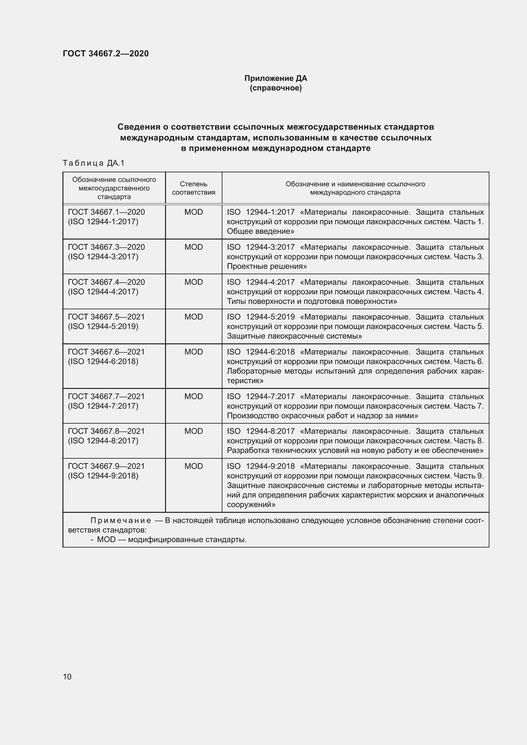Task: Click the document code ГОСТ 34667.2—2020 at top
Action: pyautogui.click(x=106, y=54)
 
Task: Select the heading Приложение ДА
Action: pyautogui.click(x=276, y=78)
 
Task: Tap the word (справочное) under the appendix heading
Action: pyautogui.click(x=276, y=88)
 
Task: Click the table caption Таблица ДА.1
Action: pyautogui.click(x=94, y=163)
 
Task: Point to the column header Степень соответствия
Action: pyautogui.click(x=193, y=188)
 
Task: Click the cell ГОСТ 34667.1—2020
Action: pyautogui.click(x=106, y=212)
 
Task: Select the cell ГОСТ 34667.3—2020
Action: pyautogui.click(x=106, y=247)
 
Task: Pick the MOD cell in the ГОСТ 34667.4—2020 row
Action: pyautogui.click(x=193, y=282)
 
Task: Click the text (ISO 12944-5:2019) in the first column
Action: pyautogui.click(x=103, y=326)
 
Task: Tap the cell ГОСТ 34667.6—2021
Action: pyautogui.click(x=106, y=352)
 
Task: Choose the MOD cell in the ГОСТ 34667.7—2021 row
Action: pyautogui.click(x=193, y=397)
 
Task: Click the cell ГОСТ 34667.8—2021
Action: pyautogui.click(x=106, y=431)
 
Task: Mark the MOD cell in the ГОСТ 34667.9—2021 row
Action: pyautogui.click(x=193, y=466)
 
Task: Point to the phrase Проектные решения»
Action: pyautogui.click(x=267, y=266)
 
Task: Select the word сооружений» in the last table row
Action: pyautogui.click(x=251, y=505)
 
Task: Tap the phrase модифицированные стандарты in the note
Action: pyautogui.click(x=187, y=540)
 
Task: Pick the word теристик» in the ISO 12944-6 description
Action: pyautogui.click(x=245, y=381)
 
